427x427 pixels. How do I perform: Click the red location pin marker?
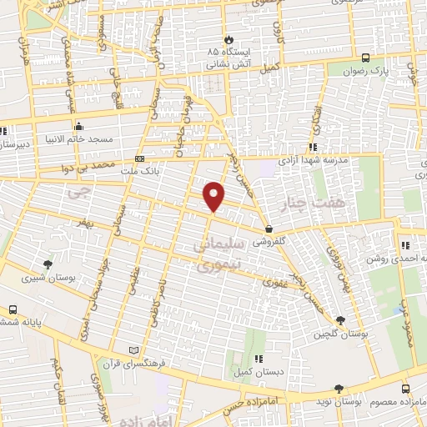[215, 197]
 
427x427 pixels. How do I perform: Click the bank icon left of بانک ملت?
[139, 158]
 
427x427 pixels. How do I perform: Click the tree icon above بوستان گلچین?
[340, 320]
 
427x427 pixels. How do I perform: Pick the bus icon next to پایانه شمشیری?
[13, 309]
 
